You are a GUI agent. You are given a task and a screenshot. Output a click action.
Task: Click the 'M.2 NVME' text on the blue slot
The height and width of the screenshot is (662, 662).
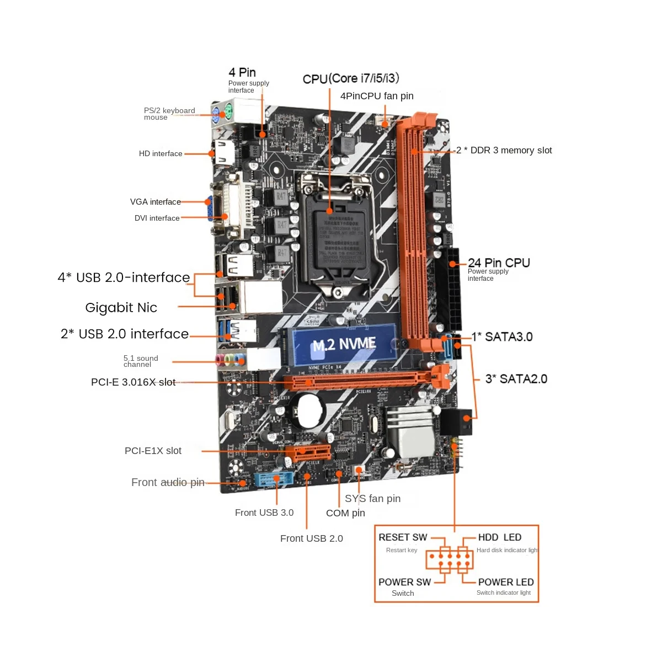[344, 345]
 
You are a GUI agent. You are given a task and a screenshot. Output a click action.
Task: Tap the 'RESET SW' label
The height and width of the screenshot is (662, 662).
[403, 537]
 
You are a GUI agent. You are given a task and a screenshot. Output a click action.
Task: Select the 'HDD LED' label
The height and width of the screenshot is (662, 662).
[499, 537]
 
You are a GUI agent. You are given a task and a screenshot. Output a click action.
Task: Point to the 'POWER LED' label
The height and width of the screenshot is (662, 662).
[506, 582]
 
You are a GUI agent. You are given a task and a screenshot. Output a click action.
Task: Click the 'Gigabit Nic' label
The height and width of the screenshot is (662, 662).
[121, 308]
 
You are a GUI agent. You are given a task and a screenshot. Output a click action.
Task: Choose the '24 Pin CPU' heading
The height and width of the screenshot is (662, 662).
[499, 263]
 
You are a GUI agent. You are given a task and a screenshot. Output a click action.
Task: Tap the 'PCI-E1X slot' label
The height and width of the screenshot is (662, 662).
[153, 451]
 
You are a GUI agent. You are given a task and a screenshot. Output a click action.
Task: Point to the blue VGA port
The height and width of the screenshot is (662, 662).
[210, 209]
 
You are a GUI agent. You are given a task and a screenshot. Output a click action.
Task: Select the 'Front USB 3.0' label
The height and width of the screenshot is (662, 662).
[264, 512]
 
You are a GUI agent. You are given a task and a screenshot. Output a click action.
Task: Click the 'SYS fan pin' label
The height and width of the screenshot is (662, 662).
[372, 499]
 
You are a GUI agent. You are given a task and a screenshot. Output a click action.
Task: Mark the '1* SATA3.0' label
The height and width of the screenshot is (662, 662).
[502, 337]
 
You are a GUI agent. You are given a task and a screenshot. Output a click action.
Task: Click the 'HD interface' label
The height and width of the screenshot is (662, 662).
[161, 154]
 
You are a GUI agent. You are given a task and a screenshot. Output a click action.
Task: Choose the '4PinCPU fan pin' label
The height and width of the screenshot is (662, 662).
[377, 96]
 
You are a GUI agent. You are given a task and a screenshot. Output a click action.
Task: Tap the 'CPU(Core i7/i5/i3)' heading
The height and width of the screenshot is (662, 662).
[351, 78]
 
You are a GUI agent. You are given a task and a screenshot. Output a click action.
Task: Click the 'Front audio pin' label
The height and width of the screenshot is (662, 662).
[168, 483]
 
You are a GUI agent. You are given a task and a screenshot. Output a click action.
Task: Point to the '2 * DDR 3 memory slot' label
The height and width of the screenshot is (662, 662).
[504, 151]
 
